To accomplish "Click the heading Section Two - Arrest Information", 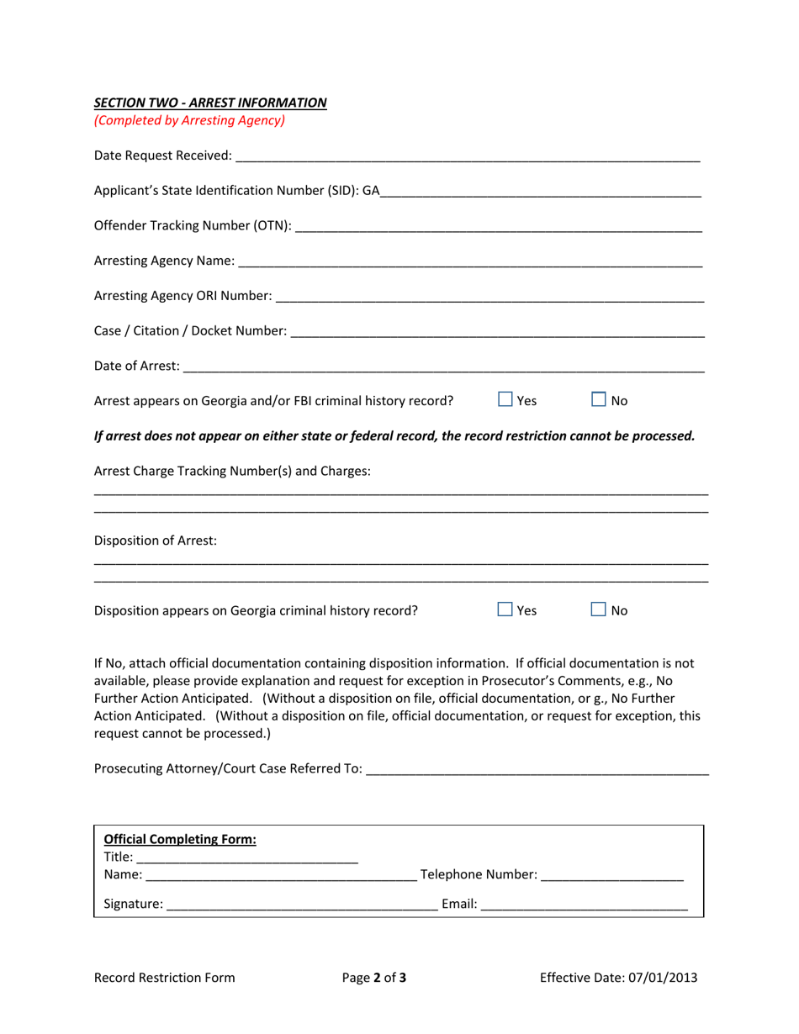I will pyautogui.click(x=210, y=103).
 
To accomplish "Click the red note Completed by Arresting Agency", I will pyautogui.click(x=189, y=120).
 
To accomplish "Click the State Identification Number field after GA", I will pyautogui.click(x=540, y=190).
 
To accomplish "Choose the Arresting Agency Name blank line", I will pyautogui.click(x=470, y=261).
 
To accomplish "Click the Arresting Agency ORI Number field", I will pyautogui.click(x=489, y=296).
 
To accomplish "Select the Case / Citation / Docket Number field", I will pyautogui.click(x=496, y=331).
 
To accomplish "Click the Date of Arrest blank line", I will pyautogui.click(x=443, y=366).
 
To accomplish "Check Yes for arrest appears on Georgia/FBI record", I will pyautogui.click(x=505, y=400).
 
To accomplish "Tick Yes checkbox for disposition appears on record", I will pyautogui.click(x=505, y=609).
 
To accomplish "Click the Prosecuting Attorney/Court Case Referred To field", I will pyautogui.click(x=538, y=768).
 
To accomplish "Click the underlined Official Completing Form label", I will pyautogui.click(x=179, y=839).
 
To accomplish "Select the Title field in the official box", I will pyautogui.click(x=246, y=857).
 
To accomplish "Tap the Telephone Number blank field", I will pyautogui.click(x=612, y=875).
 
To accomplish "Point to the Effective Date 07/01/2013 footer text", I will pyautogui.click(x=618, y=977).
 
